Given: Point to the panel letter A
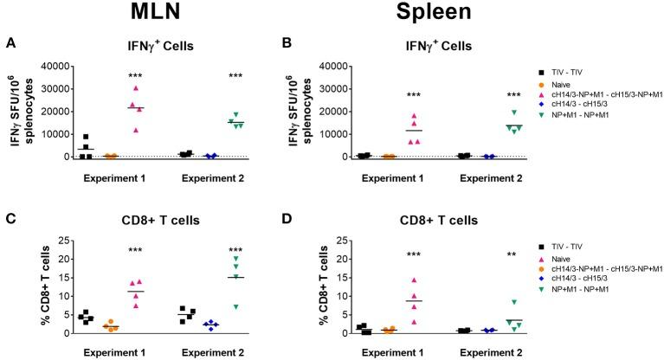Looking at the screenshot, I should click(10, 42).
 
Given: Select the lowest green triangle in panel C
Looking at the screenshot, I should click(233, 307).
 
